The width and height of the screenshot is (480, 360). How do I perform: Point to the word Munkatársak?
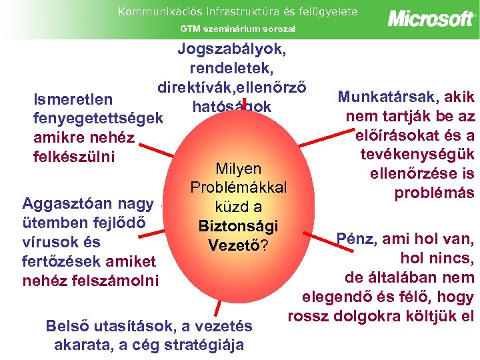tap(386, 97)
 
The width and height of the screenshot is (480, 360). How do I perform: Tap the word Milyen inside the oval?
tap(239, 169)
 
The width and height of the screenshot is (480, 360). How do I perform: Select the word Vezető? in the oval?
tap(238, 245)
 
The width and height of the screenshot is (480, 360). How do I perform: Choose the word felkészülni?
tap(74, 157)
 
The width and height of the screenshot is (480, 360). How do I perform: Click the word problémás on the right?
tap(434, 193)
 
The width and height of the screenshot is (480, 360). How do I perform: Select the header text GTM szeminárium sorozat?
tap(238, 29)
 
